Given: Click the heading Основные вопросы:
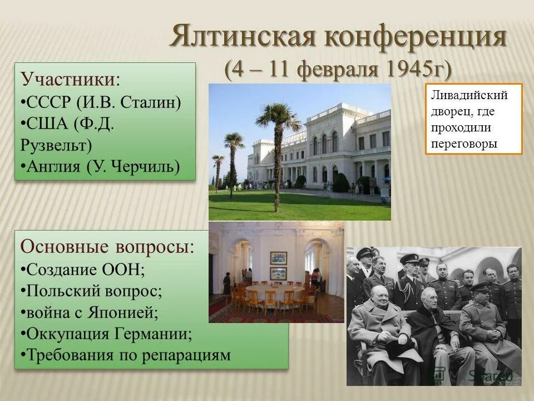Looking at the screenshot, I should click(x=108, y=246).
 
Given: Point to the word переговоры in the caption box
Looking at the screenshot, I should click(x=464, y=143).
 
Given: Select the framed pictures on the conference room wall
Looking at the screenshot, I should click(x=278, y=265).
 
